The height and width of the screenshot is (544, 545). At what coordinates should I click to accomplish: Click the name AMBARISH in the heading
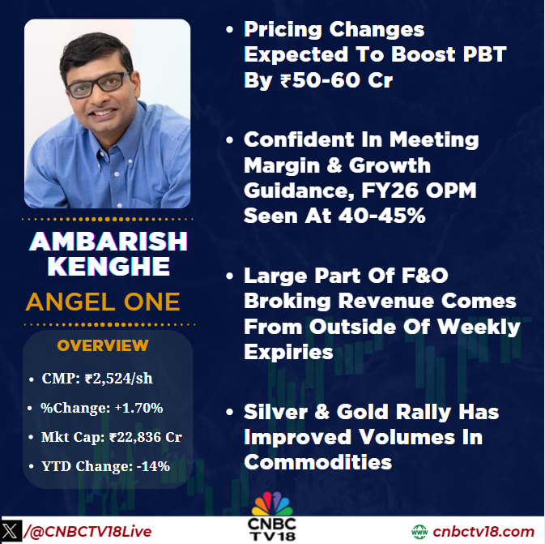click(x=108, y=241)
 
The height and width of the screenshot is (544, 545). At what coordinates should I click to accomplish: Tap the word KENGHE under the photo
click(x=108, y=268)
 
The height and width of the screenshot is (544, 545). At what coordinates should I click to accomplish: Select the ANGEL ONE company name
click(x=103, y=302)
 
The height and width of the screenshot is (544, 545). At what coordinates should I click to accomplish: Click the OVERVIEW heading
click(x=103, y=345)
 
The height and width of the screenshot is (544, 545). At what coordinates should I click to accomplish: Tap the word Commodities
click(x=317, y=462)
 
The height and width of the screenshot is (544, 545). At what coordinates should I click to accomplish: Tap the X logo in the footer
click(x=11, y=531)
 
